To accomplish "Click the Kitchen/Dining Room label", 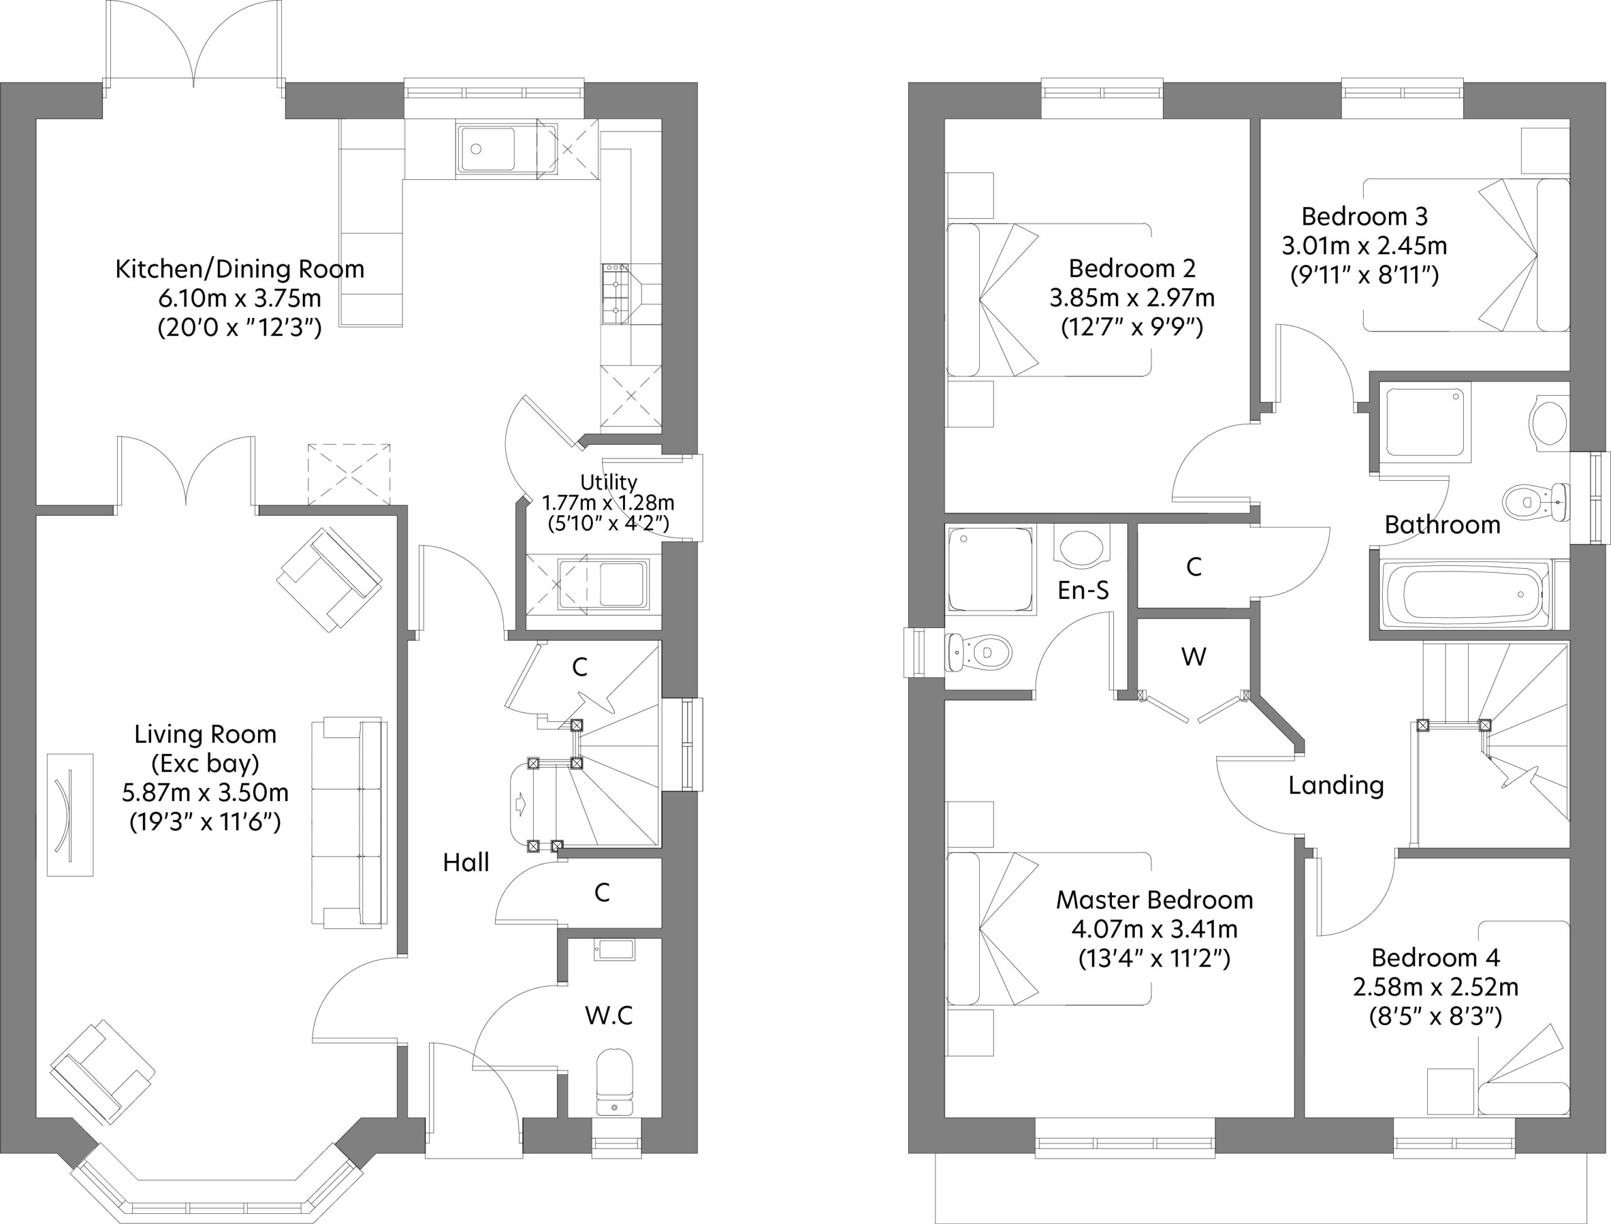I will (x=240, y=269).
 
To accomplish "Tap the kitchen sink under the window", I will (x=486, y=150).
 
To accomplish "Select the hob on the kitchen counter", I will (x=615, y=294).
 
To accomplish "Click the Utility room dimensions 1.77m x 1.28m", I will (x=608, y=503).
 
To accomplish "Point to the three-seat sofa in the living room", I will (x=350, y=823).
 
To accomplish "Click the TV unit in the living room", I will (x=70, y=814).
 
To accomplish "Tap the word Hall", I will (x=466, y=863).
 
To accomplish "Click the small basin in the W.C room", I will (x=614, y=950).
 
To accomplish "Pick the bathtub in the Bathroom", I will (x=1466, y=595).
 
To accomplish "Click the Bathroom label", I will (x=1442, y=525).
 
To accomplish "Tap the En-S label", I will (x=1083, y=590).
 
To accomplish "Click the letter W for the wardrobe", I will (x=1194, y=656).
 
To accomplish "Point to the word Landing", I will (x=1335, y=785).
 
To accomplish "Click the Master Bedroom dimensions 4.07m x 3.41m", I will (x=1154, y=929).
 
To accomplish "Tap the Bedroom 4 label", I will (x=1435, y=957).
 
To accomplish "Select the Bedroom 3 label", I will (x=1364, y=216).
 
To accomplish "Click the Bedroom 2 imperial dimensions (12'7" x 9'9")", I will (x=1131, y=327).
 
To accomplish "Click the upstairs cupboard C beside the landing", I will (x=1194, y=566).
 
